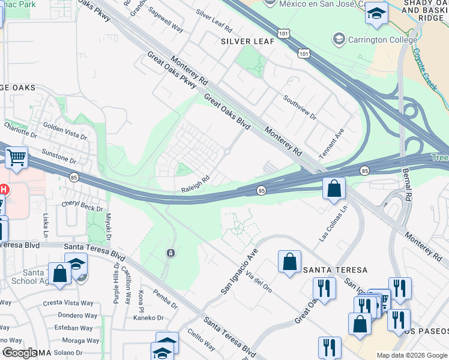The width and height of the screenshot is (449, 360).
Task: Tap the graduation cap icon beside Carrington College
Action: click(x=339, y=40)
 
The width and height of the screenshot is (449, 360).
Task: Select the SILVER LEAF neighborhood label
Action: click(x=247, y=41)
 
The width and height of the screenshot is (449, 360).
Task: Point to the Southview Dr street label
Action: click(x=300, y=107)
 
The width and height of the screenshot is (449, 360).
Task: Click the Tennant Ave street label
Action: click(x=331, y=143)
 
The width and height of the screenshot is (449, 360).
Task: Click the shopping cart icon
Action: click(x=17, y=158)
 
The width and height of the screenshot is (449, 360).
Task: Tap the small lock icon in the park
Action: click(x=171, y=252)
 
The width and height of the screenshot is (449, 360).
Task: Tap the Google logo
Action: click(x=20, y=353)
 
